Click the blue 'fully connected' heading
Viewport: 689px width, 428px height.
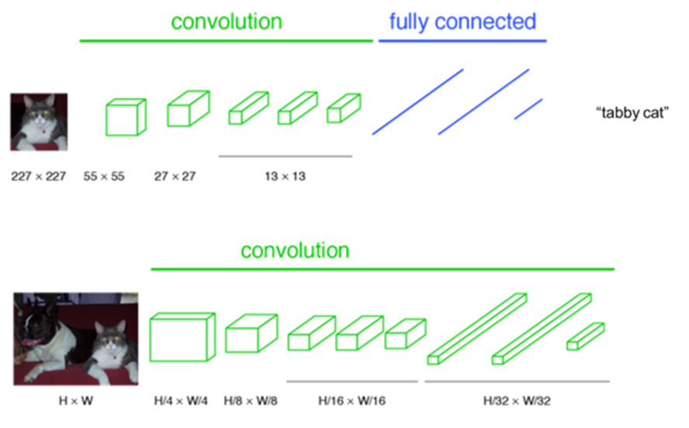click(462, 22)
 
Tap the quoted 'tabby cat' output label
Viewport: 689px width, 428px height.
click(632, 113)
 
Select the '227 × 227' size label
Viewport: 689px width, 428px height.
click(38, 176)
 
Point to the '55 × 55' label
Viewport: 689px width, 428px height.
click(104, 176)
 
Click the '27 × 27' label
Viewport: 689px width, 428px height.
click(175, 176)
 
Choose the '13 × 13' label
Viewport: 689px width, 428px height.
click(285, 176)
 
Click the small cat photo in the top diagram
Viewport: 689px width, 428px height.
click(39, 122)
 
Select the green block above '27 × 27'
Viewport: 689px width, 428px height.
click(189, 109)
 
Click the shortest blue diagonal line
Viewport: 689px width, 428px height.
click(528, 109)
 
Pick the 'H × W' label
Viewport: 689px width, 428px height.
click(75, 401)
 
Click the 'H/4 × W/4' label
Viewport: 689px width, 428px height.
click(181, 401)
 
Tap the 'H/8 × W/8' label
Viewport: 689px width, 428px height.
click(250, 401)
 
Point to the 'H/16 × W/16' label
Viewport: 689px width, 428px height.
click(351, 401)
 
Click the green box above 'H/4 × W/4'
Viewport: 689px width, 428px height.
click(182, 337)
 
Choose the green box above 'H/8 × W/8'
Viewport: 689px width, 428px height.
click(251, 333)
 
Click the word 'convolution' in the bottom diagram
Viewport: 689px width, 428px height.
click(295, 251)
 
